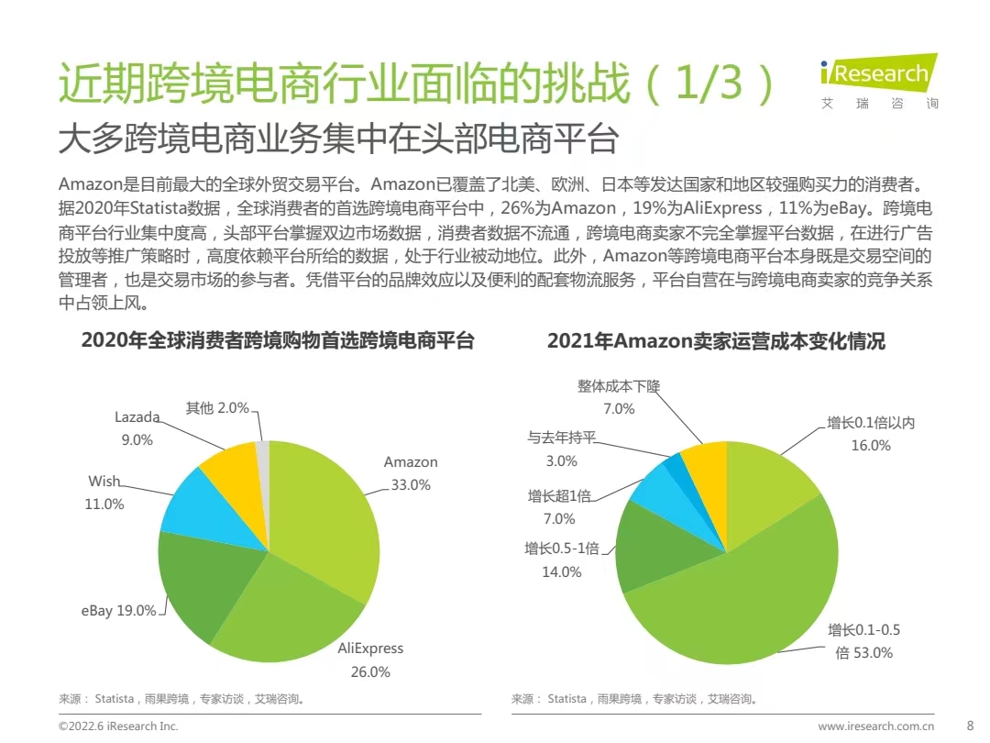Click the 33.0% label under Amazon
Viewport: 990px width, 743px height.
(x=411, y=485)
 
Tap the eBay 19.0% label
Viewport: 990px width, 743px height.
(x=118, y=610)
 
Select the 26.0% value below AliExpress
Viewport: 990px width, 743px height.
(x=370, y=671)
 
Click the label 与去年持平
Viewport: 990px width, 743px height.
(x=561, y=438)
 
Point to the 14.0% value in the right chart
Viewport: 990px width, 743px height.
(x=562, y=571)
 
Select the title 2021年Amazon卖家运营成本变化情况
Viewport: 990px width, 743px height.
(x=716, y=341)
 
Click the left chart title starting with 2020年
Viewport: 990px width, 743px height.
(x=278, y=341)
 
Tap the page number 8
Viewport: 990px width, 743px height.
(x=971, y=726)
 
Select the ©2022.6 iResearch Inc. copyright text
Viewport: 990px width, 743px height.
(x=118, y=726)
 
